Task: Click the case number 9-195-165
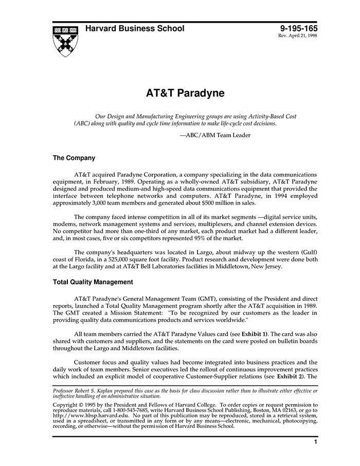pos(299,29)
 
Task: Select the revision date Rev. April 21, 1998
pos(298,37)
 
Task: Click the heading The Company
pos(74,158)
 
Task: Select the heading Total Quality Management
pos(93,282)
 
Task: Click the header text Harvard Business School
pos(135,29)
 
